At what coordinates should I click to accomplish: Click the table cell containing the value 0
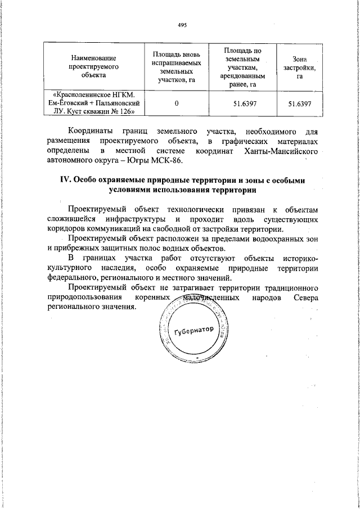177,104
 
